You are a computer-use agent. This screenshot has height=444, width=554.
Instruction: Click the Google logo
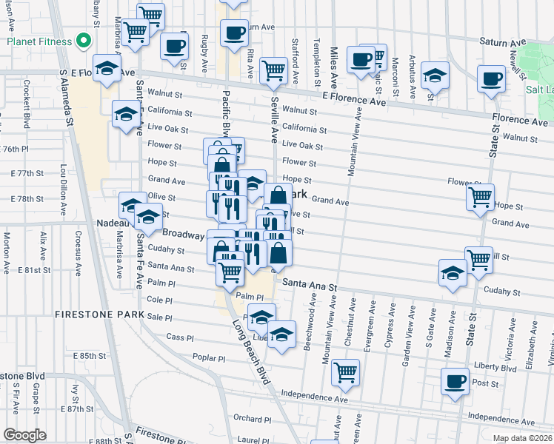[24, 434]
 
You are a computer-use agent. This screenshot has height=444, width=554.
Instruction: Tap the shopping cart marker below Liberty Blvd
[345, 371]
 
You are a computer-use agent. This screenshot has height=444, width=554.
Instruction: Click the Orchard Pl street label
[248, 417]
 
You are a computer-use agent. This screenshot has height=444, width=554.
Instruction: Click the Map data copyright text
[522, 438]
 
